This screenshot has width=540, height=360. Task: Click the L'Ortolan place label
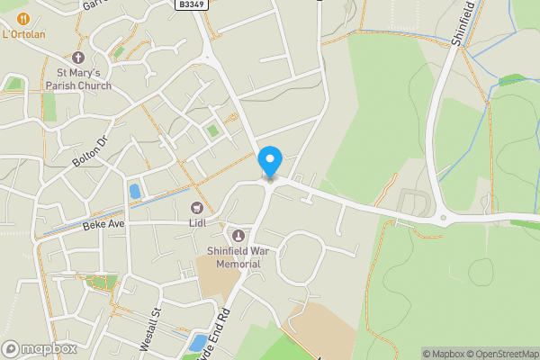pos(24,35)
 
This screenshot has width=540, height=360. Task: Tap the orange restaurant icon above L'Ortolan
pos(24,18)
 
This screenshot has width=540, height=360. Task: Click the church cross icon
pos(78,58)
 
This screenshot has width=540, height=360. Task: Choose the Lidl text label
pos(197,222)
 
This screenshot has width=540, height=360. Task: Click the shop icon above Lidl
pos(197,208)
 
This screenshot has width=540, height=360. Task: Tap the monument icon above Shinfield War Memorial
pos(238,235)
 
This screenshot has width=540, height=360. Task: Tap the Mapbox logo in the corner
pos(40,348)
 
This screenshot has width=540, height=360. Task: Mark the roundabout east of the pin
pos(443,218)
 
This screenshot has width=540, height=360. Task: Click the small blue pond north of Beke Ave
pos(135,191)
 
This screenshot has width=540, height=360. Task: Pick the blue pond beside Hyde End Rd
pos(196,342)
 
